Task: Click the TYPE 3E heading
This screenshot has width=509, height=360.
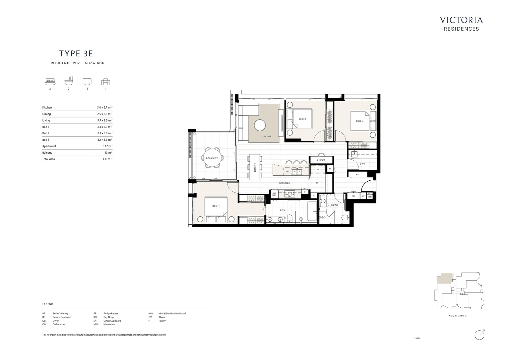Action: (76, 54)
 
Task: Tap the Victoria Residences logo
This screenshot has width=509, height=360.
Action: (461, 24)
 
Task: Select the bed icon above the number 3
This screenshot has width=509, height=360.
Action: (50, 82)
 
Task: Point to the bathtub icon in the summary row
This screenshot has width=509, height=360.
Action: (69, 82)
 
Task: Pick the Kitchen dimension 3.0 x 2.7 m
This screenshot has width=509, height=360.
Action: (104, 108)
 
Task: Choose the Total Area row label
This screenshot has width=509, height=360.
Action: (49, 159)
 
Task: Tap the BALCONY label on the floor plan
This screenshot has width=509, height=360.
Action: (212, 158)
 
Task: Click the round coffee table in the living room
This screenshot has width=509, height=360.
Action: (260, 126)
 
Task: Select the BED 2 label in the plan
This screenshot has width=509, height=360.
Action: (302, 119)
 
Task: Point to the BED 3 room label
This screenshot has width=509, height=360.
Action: (360, 121)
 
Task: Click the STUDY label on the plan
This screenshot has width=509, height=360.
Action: (321, 160)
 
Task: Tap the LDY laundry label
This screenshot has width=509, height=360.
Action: (362, 164)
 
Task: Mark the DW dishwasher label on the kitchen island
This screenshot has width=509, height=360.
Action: (287, 172)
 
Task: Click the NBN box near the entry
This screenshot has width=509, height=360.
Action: (370, 197)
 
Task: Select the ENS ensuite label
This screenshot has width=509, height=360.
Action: (282, 210)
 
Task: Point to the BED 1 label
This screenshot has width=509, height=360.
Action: (216, 206)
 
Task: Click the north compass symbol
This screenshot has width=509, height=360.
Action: (479, 335)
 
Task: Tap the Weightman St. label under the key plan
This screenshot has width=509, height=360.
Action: (457, 316)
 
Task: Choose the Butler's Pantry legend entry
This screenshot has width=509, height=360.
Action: (60, 313)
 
